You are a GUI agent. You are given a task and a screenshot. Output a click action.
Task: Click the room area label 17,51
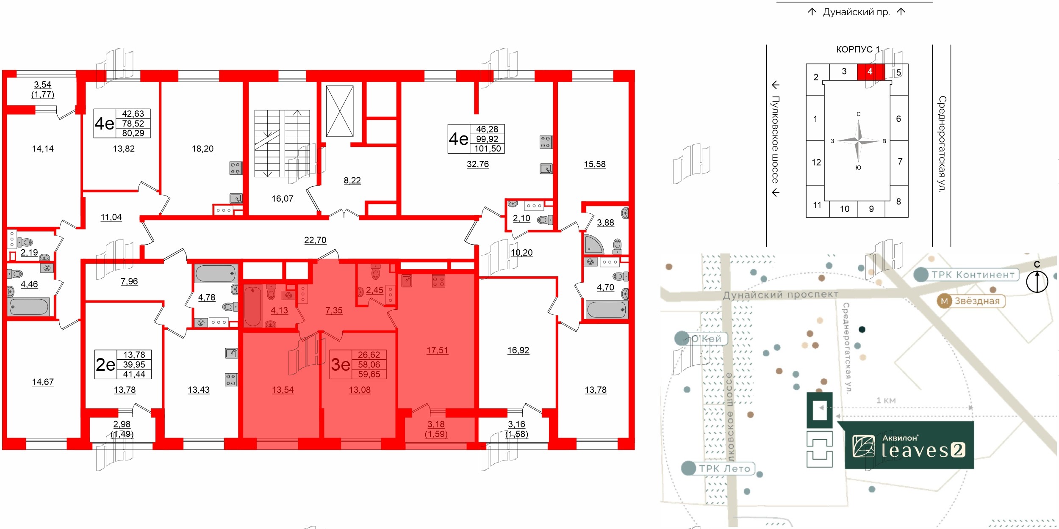point(437,350)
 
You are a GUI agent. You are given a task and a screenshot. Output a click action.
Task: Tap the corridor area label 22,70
point(315,240)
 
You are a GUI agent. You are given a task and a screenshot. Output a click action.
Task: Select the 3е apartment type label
point(341,364)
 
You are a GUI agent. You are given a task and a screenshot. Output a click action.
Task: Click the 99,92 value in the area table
point(487,139)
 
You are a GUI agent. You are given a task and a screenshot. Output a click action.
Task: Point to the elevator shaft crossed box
point(340,111)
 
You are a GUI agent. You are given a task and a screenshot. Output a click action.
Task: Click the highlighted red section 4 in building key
point(870,72)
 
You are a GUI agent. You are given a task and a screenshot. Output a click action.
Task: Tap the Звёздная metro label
point(977,301)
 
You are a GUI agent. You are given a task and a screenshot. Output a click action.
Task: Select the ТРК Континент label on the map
point(973,275)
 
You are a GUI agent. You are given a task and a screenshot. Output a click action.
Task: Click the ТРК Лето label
point(724,468)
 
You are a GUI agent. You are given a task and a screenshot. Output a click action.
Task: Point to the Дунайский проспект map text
point(780,295)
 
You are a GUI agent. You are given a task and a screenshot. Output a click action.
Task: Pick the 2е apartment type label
point(105,364)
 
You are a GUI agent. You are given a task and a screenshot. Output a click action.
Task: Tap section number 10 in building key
point(845,209)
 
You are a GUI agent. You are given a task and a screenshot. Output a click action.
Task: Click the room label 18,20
point(202,149)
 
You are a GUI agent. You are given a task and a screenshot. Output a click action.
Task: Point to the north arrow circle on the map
point(1037,281)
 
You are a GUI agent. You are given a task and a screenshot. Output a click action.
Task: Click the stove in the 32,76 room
point(546,142)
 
